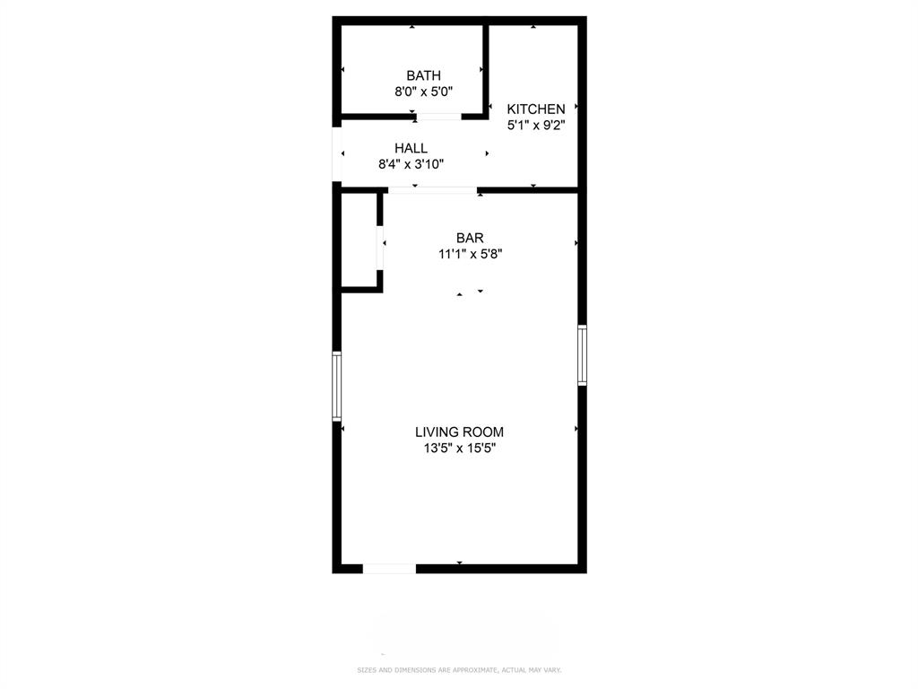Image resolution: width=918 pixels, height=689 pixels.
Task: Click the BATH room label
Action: coord(423,75)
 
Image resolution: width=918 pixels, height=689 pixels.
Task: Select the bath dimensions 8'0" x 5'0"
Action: coord(423,92)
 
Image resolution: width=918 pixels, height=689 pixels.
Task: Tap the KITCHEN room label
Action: coord(536,109)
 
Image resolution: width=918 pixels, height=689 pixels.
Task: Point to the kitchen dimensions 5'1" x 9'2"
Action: coord(536,126)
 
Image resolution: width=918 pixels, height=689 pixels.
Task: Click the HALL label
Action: coord(411,148)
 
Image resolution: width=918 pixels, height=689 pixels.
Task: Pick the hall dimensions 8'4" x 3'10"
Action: coord(411,164)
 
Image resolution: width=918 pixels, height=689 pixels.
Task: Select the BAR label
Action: coord(470,238)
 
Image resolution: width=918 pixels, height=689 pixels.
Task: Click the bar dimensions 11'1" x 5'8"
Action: coord(470,254)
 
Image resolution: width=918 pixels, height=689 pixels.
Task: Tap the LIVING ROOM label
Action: coord(459,432)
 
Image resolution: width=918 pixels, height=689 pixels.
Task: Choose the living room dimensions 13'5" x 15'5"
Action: coord(459,449)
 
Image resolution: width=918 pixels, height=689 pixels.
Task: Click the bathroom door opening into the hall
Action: coord(438,116)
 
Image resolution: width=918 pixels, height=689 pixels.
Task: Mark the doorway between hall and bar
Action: coord(432,190)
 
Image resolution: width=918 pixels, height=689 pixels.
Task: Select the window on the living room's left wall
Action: coord(337,386)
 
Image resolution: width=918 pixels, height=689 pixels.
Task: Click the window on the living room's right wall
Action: coord(582,355)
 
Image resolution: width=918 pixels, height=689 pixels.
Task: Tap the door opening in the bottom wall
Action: coord(389,568)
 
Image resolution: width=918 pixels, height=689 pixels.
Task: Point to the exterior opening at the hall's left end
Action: coord(337,155)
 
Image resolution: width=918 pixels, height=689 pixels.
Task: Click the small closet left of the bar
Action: coord(359,240)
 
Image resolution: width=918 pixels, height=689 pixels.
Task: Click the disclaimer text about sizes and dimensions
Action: coord(458,670)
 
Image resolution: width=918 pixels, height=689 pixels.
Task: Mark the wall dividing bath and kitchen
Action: coord(487,67)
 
